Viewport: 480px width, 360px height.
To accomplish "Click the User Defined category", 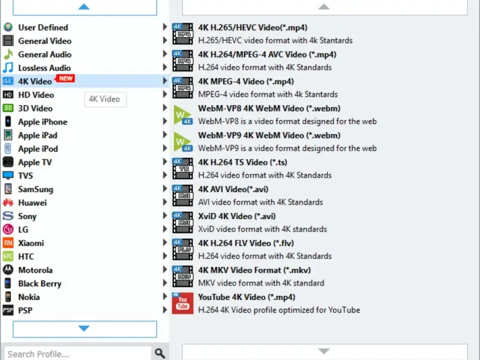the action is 43,28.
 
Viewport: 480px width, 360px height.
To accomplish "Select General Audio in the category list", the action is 44,55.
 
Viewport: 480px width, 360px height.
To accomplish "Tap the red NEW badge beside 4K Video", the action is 65,79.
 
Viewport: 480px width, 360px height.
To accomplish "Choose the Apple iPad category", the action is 38,136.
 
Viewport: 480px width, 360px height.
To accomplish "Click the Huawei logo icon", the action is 8,203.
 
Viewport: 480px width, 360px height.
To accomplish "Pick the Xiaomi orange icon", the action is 8,243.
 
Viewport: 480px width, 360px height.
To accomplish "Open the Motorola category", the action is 35,270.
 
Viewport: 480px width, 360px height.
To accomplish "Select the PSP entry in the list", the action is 25,310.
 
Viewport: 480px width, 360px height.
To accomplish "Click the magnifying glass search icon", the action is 160,353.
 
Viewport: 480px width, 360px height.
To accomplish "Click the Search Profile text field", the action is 78,353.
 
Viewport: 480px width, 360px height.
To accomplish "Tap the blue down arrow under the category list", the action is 84,328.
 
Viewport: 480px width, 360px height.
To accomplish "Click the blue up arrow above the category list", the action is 84,7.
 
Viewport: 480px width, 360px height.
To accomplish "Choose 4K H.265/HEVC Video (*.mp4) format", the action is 253,28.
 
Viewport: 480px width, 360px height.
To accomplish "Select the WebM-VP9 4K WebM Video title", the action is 269,136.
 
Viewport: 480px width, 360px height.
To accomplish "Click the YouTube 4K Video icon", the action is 182,304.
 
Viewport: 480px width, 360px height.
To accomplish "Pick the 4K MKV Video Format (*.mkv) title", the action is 254,270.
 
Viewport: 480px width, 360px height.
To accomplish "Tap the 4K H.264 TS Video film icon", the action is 182,169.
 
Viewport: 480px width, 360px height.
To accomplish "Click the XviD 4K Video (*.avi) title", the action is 237,216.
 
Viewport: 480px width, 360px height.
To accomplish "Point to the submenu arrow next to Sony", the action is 164,215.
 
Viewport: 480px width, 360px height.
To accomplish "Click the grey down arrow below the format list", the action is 324,351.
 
